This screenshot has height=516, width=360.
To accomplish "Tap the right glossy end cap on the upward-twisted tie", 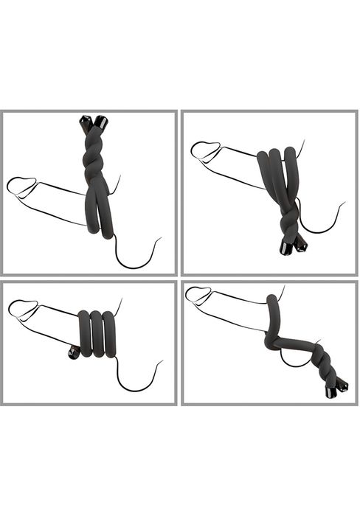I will [100, 120].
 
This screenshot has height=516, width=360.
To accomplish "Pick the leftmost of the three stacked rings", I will [84, 333].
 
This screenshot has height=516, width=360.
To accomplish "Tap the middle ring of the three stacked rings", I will [97, 333].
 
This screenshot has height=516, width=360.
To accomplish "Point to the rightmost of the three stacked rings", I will [111, 333].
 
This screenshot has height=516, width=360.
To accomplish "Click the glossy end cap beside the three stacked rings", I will [72, 352].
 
